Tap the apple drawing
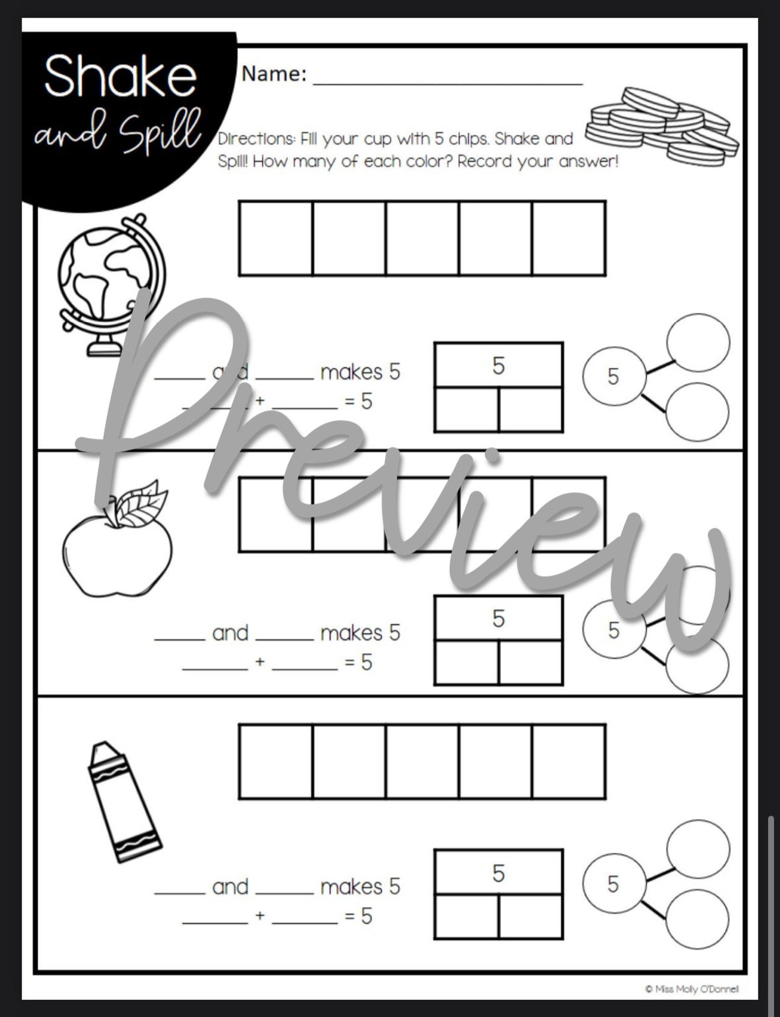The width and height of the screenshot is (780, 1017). coord(118,545)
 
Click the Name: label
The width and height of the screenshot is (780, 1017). coord(274,74)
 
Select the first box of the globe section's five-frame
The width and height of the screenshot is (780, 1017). coord(276,238)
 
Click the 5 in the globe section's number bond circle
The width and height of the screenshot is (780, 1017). coord(613,376)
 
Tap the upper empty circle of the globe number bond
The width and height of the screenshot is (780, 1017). coord(697,342)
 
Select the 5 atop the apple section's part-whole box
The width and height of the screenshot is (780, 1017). coord(499,619)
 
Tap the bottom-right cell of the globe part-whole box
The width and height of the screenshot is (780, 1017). coord(530,410)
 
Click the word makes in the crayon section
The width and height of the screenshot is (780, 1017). coord(351,887)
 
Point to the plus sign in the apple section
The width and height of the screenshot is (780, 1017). coord(260,662)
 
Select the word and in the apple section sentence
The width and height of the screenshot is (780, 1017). coord(230,633)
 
